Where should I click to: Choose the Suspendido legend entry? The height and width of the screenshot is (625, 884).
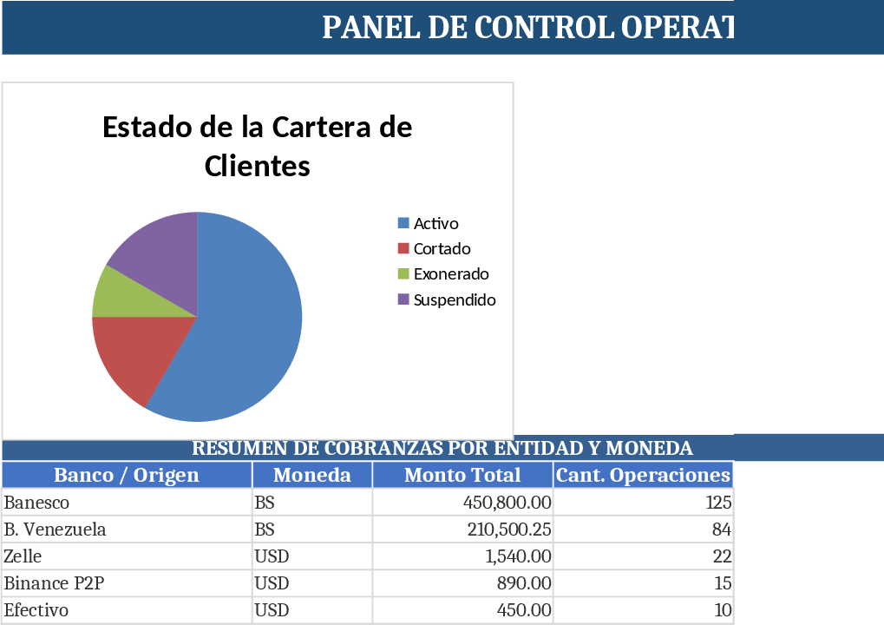tap(454, 300)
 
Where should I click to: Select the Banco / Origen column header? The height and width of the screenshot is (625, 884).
tap(127, 476)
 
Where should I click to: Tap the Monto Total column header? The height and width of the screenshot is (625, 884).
tap(462, 476)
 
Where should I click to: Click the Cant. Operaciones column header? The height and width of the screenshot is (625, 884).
tap(642, 476)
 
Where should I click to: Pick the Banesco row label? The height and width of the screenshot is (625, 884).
tap(37, 503)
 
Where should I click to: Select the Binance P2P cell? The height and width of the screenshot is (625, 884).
tap(54, 583)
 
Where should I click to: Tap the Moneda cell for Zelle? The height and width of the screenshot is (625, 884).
tap(272, 556)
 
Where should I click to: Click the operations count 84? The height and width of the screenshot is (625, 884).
tap(722, 530)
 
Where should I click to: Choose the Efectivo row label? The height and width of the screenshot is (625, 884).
tap(36, 610)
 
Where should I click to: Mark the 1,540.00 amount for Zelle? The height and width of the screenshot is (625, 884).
tap(517, 556)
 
